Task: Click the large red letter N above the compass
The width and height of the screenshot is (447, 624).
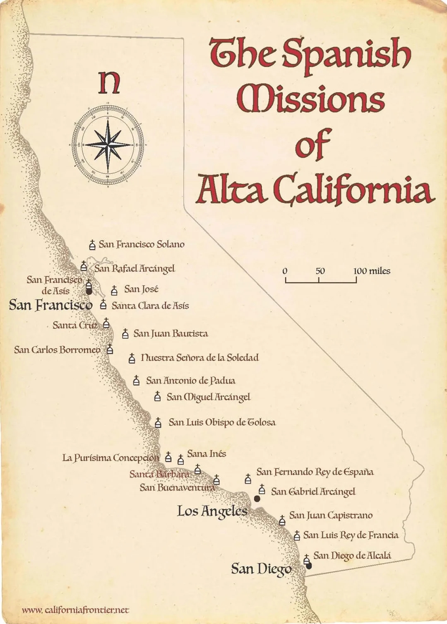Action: [x=109, y=82]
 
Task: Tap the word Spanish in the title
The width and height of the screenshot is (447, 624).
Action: [x=347, y=54]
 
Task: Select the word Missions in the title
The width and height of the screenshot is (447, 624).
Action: [x=310, y=99]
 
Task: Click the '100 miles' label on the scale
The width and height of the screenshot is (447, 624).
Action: [x=372, y=271]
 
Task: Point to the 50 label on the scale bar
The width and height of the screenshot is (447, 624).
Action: [x=320, y=271]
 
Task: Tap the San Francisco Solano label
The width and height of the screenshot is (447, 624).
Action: [x=141, y=244]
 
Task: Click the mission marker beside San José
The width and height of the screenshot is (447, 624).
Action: [x=114, y=290]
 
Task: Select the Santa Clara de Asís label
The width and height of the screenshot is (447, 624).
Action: [x=150, y=306]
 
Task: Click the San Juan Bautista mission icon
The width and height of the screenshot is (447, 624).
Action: [x=125, y=333]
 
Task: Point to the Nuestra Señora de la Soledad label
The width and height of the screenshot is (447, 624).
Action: [x=199, y=357]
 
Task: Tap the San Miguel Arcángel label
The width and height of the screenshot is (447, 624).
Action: [x=208, y=397]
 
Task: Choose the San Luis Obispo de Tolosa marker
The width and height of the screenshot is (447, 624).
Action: [x=158, y=422]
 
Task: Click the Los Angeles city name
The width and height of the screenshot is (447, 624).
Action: [x=212, y=511]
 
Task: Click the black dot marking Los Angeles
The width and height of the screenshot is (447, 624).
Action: [x=257, y=499]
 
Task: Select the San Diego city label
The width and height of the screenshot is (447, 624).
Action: [x=261, y=569]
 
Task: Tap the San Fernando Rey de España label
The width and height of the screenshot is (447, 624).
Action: [x=315, y=472]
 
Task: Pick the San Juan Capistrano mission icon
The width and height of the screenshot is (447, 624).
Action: [x=282, y=520]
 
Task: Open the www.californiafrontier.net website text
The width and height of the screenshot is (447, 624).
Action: [x=75, y=610]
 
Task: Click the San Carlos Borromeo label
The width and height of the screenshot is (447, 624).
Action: [x=57, y=349]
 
